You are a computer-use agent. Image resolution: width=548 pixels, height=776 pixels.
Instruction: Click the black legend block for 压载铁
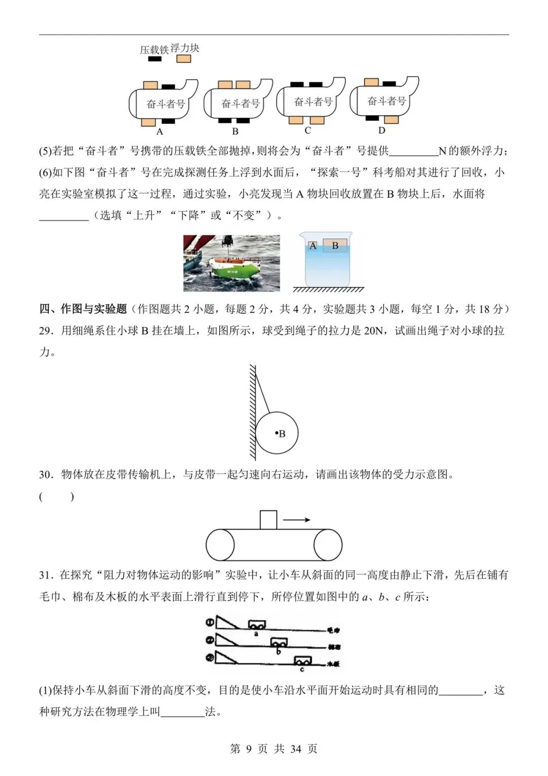pyautogui.click(x=154, y=59)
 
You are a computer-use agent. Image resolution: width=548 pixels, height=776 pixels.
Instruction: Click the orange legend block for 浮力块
pyautogui.click(x=183, y=59)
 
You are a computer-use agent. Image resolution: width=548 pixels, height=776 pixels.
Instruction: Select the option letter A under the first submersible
pyautogui.click(x=159, y=132)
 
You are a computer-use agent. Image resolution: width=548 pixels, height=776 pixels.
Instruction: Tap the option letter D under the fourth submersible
pyautogui.click(x=382, y=131)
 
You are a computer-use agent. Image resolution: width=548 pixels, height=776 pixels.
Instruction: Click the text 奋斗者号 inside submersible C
pyautogui.click(x=313, y=102)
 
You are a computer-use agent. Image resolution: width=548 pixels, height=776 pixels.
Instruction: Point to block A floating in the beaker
pyautogui.click(x=313, y=246)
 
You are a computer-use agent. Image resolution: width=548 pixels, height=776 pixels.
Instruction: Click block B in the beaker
pyautogui.click(x=335, y=246)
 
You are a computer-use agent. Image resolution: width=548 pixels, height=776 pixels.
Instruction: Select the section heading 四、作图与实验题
pyautogui.click(x=83, y=309)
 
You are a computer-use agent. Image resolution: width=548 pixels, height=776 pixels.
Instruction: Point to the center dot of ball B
pyautogui.click(x=277, y=433)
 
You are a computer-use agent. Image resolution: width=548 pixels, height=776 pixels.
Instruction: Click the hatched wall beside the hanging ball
pyautogui.click(x=252, y=411)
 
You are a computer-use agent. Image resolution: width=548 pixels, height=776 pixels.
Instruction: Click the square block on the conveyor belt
pyautogui.click(x=268, y=520)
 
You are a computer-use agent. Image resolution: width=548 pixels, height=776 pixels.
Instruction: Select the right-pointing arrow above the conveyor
pyautogui.click(x=296, y=520)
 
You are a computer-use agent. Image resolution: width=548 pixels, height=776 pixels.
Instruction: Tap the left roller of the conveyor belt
pyautogui.click(x=220, y=545)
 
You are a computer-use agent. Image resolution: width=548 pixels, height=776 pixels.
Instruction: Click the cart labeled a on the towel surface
pyautogui.click(x=257, y=625)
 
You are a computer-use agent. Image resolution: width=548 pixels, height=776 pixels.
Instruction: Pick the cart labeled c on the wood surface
pyautogui.click(x=303, y=661)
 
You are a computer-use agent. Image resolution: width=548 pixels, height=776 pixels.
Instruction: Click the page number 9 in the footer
pyautogui.click(x=248, y=749)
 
